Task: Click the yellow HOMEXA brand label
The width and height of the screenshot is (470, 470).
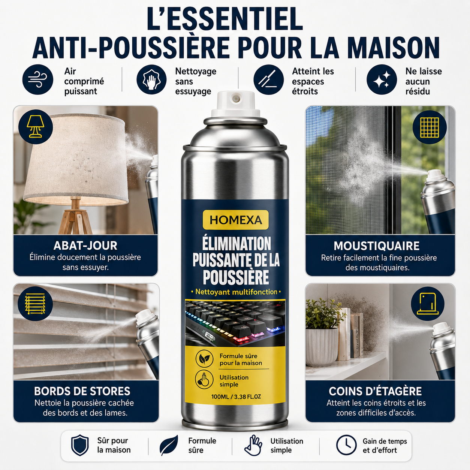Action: click(235, 220)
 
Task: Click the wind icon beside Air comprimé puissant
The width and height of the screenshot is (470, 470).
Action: click(37, 79)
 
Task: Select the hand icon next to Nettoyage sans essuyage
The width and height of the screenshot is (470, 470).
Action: click(151, 79)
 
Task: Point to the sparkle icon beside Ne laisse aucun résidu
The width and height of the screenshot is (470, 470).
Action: click(382, 79)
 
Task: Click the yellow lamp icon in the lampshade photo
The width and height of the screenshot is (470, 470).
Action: click(36, 127)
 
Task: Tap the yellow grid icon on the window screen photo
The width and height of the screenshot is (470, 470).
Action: click(430, 127)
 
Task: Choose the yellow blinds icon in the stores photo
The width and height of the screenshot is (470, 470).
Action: click(35, 304)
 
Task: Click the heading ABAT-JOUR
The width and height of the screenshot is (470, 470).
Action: click(85, 245)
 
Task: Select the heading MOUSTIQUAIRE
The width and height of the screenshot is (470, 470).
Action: click(377, 246)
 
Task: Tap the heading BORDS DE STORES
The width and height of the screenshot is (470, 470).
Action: click(82, 391)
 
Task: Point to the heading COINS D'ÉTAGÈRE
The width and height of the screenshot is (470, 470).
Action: click(375, 391)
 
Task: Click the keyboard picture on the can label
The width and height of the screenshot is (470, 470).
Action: click(235, 323)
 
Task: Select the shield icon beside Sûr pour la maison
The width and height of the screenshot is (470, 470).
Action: click(80, 445)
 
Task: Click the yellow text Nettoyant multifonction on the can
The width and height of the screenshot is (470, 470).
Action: click(236, 292)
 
